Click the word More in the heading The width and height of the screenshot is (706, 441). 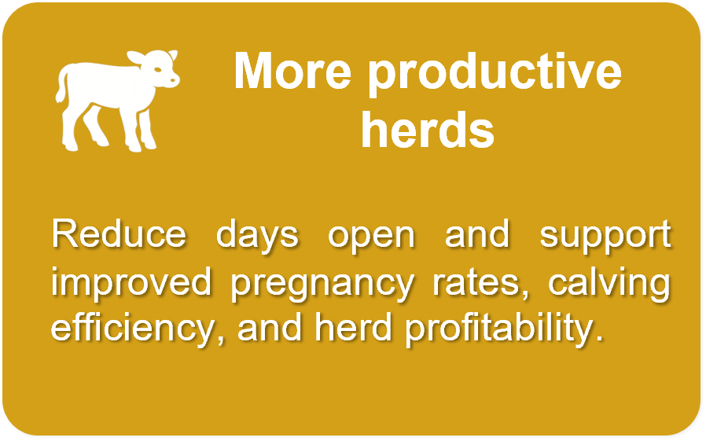292,71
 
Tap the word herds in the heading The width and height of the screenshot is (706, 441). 428,130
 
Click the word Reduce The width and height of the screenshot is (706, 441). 119,234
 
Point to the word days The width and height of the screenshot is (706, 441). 257,237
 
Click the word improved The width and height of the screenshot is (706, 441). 131,281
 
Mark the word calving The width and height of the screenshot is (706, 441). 609,285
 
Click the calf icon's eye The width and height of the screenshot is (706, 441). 158,70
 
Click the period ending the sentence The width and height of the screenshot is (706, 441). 599,338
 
